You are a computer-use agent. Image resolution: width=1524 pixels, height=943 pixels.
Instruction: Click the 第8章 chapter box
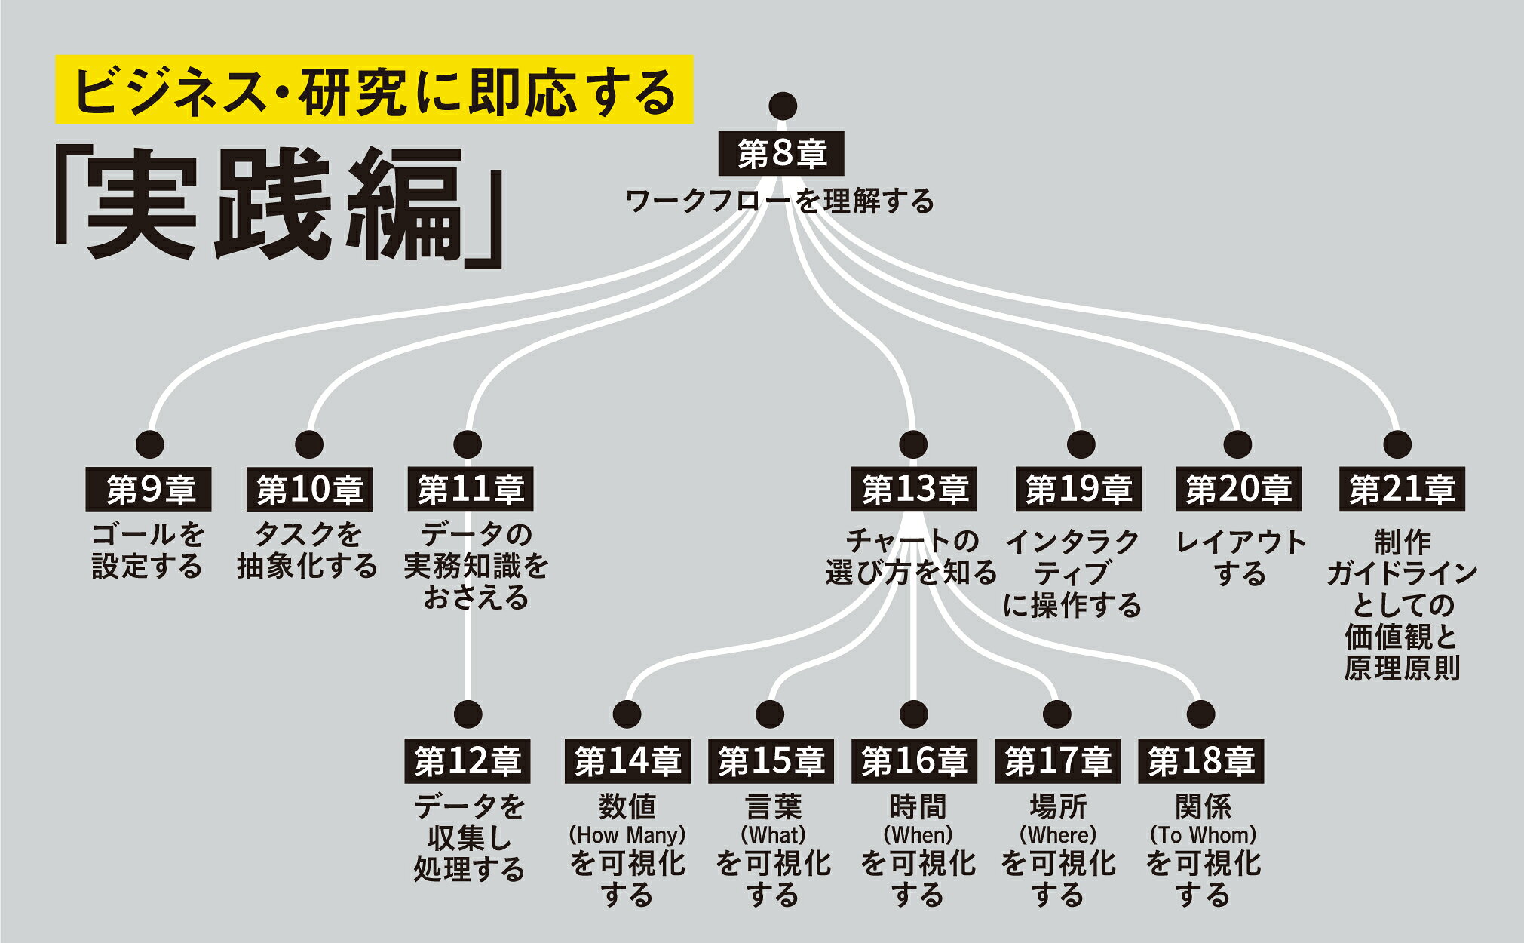pos(782,155)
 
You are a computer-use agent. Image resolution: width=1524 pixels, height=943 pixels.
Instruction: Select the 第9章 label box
pos(149,490)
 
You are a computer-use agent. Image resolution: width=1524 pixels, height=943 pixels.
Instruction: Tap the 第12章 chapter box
pos(468,761)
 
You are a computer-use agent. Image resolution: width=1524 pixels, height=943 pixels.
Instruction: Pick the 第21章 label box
pos(1402,490)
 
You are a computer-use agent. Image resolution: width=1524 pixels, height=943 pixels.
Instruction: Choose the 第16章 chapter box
pos(914,761)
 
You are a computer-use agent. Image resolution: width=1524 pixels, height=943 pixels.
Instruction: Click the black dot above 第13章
pos(913,444)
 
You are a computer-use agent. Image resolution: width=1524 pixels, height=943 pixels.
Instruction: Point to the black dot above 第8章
pos(783,106)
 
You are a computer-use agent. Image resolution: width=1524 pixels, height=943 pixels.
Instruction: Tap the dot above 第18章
pos(1200,714)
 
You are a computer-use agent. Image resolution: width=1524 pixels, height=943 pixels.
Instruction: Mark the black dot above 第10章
pos(309,444)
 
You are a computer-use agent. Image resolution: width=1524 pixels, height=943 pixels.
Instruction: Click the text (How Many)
pos(627,835)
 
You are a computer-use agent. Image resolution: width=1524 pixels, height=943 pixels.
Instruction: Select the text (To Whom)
pos(1203,835)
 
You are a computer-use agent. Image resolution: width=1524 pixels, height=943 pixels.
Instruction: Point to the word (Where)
pos(1058,835)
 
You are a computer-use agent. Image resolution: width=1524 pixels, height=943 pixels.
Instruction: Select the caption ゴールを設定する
pos(148,551)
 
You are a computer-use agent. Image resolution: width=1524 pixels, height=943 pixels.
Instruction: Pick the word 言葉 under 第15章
pos(773,807)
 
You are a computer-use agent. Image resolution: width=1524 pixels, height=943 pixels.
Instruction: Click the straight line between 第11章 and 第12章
pos(468,656)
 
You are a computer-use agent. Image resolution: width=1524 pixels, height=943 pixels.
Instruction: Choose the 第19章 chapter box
pos(1078,490)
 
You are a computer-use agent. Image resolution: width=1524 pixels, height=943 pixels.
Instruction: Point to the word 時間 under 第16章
pos(917,807)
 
